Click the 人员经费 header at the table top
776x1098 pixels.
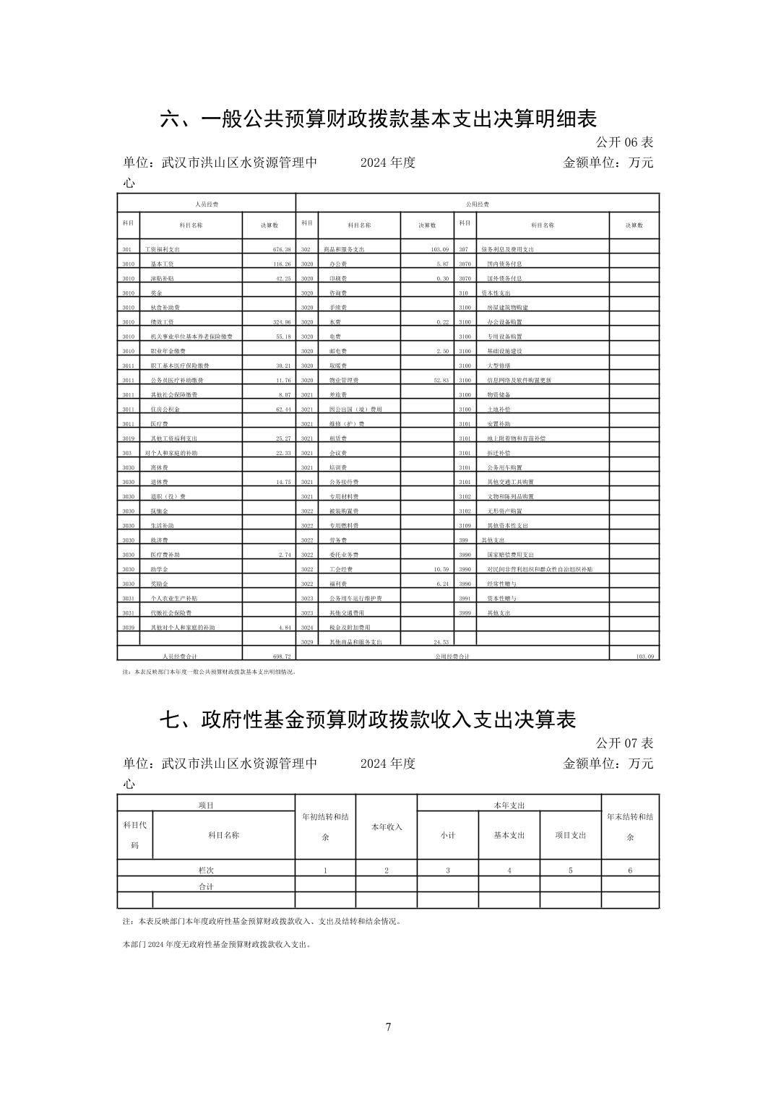pos(207,204)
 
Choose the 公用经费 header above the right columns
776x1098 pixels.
pos(478,204)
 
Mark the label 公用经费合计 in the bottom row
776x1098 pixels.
pos(452,657)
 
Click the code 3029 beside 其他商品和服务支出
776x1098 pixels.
pos(307,642)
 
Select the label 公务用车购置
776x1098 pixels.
pos(504,467)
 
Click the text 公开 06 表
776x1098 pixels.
pos(624,142)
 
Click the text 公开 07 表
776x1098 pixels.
pos(624,743)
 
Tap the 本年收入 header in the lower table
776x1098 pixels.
pos(387,827)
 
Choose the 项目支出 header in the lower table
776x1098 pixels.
pos(570,835)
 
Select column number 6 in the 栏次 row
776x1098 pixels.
pos(630,870)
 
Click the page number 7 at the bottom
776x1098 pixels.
pos(388,1026)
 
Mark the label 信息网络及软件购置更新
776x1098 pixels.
pos(519,380)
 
